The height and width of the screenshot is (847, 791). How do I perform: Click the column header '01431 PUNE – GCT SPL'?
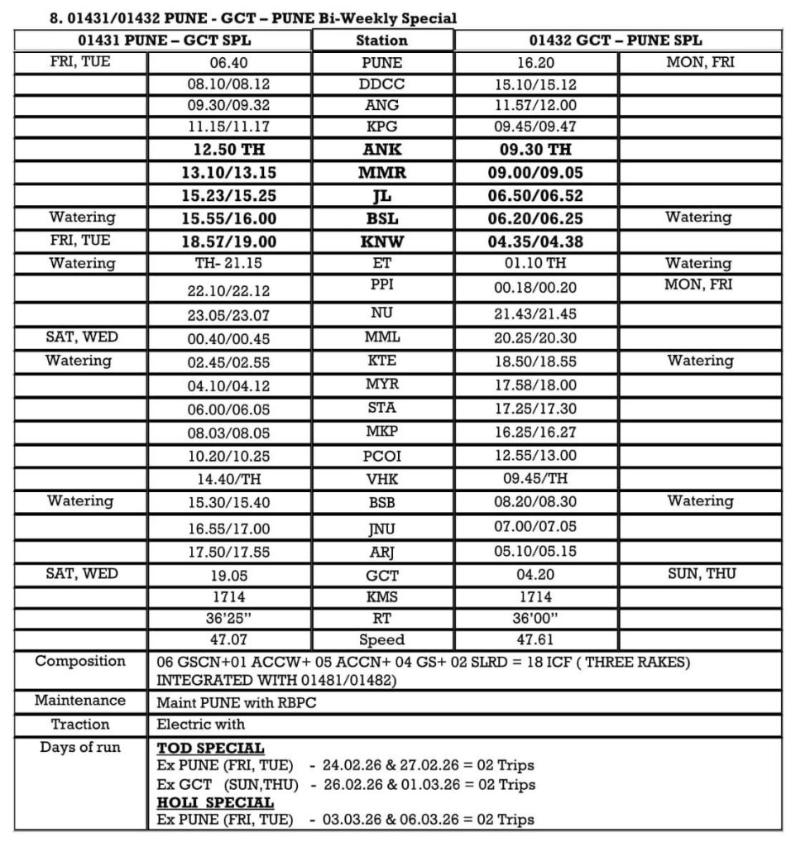click(163, 40)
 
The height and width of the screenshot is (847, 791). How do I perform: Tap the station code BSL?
click(381, 218)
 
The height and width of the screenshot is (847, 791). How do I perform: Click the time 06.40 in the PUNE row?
click(228, 62)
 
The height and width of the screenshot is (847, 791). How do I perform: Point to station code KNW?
click(381, 242)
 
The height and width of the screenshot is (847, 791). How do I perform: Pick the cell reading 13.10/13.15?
click(228, 173)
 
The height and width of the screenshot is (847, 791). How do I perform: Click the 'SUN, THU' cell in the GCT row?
click(700, 574)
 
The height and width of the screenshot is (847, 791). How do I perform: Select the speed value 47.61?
click(535, 639)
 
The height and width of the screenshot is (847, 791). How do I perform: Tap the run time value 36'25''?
click(228, 618)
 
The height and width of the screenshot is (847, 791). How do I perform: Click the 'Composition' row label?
click(80, 661)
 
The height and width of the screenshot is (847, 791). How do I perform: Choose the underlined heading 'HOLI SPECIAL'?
click(214, 802)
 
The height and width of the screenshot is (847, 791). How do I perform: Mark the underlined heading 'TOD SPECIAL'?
click(210, 748)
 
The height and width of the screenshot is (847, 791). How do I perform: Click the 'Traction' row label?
click(80, 724)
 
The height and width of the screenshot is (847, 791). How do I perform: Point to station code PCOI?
click(381, 456)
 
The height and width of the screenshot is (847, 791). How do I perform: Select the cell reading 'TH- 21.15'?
click(228, 263)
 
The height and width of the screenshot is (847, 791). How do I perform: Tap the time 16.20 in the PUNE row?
click(535, 62)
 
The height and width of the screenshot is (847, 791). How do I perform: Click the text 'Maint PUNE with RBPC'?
click(236, 702)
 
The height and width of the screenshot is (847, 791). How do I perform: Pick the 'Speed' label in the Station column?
click(381, 639)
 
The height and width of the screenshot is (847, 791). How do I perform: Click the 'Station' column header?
click(381, 40)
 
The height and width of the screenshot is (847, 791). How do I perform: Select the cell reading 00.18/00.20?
click(535, 289)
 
